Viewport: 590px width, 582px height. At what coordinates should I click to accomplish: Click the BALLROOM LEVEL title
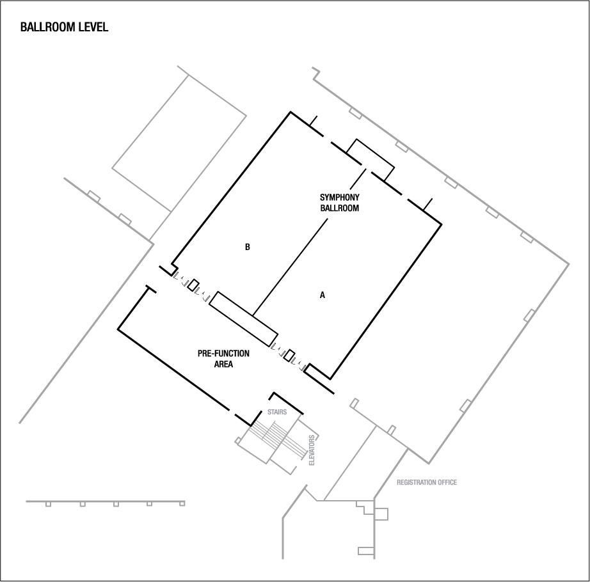[x=64, y=28]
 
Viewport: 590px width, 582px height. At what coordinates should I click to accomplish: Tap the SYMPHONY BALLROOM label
[x=340, y=203]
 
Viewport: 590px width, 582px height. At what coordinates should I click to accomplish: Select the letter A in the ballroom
[x=323, y=295]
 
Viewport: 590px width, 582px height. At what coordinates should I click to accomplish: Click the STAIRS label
[x=277, y=413]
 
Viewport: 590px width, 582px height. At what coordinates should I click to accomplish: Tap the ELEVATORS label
[x=312, y=450]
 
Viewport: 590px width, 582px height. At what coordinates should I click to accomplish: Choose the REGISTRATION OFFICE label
[x=427, y=482]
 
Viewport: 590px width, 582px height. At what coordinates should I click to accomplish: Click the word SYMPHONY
[x=340, y=198]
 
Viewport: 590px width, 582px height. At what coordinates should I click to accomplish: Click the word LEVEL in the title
[x=94, y=28]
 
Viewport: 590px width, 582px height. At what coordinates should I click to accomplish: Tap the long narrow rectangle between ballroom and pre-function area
[x=244, y=317]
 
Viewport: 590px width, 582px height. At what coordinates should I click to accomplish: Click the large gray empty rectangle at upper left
[x=179, y=141]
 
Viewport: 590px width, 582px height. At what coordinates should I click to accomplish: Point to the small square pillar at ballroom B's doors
[x=193, y=285]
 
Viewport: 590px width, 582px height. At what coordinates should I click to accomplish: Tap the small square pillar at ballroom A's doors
[x=289, y=356]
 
